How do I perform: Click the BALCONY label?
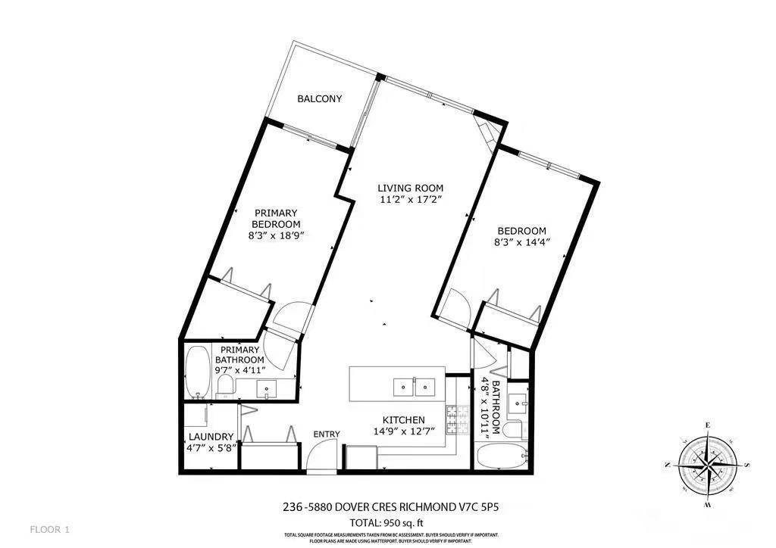(x=319, y=99)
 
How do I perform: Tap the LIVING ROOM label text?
(x=411, y=188)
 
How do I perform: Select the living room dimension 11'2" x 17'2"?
(x=411, y=200)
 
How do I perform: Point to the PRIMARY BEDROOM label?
(x=277, y=219)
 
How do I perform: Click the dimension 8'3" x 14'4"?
(x=521, y=243)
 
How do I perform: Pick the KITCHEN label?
(x=403, y=420)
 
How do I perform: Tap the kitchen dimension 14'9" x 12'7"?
(x=403, y=432)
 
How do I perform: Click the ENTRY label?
(x=327, y=434)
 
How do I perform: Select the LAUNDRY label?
(x=211, y=437)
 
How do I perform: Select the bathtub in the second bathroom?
(x=502, y=457)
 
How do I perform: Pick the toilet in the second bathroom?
(x=515, y=430)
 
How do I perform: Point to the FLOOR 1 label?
(x=50, y=528)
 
